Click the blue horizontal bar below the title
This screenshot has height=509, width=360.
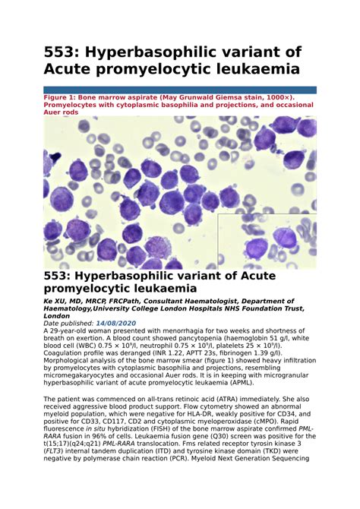[180, 90]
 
